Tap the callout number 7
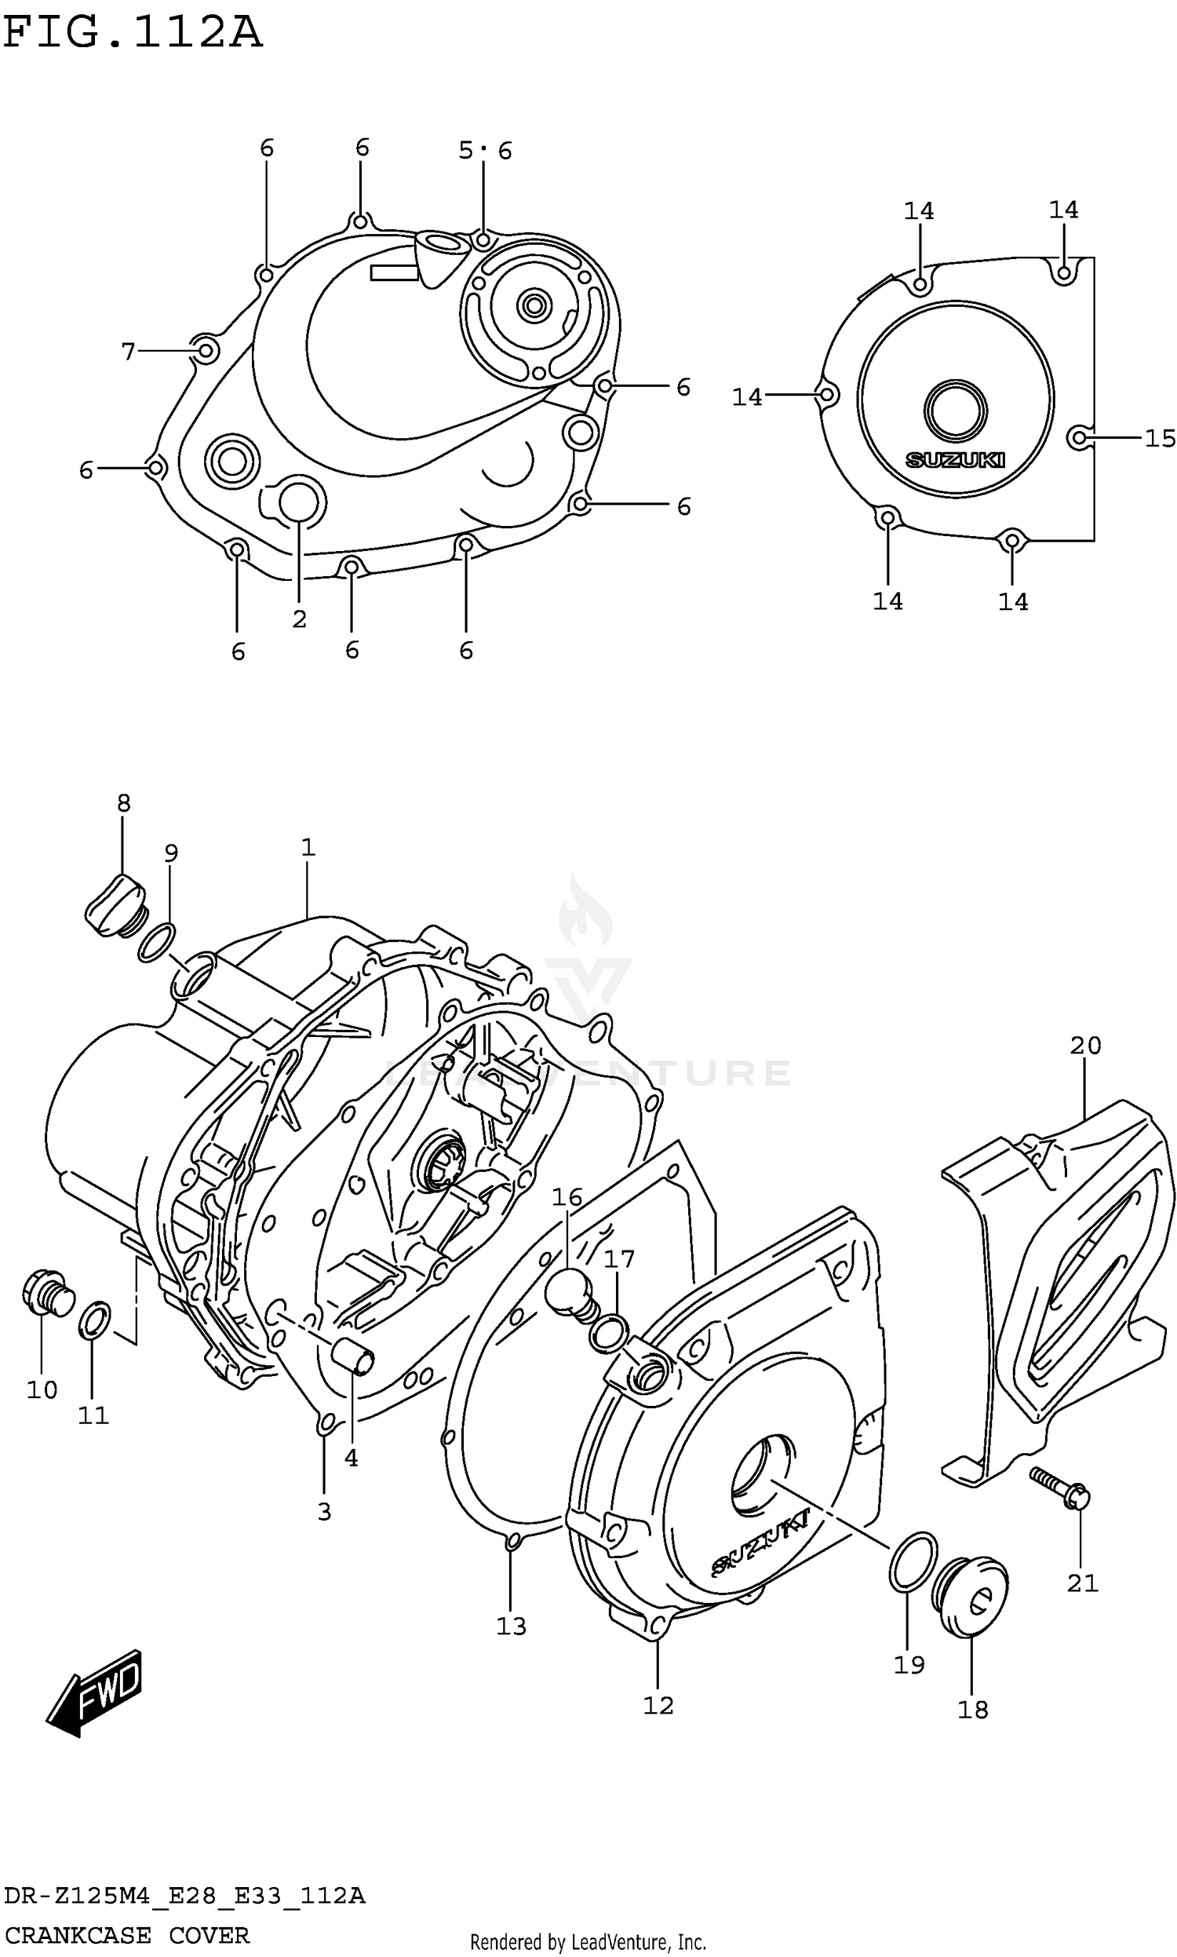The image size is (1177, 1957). point(129,352)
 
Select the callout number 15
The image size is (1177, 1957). point(1159,438)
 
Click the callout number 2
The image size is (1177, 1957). point(299,619)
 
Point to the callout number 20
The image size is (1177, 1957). point(1085,1046)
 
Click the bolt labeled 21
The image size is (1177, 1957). point(1060,1487)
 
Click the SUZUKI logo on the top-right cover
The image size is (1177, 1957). point(955,460)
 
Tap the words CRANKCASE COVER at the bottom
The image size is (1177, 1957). point(127,1936)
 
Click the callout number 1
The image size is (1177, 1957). point(308,847)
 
